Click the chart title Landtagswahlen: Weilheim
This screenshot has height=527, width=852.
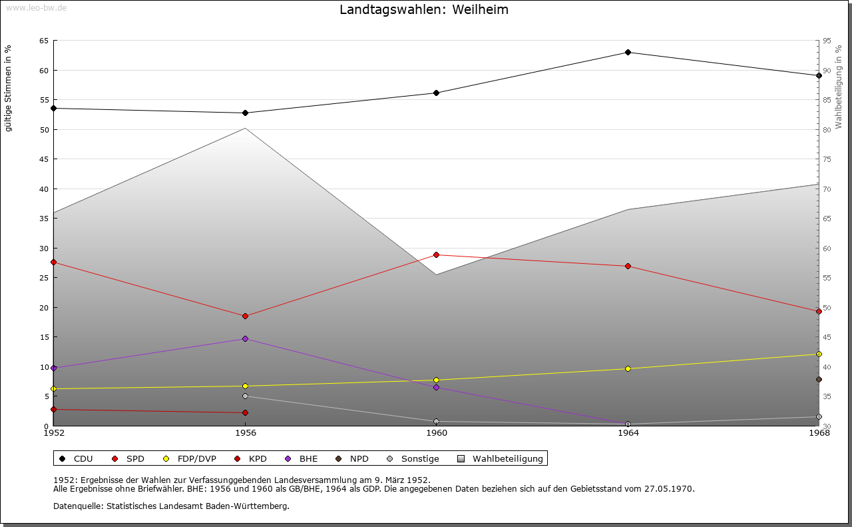424,9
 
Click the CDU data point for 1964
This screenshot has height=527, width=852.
628,52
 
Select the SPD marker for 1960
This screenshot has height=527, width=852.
436,255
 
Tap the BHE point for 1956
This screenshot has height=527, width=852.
245,338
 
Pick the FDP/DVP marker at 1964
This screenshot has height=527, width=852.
628,368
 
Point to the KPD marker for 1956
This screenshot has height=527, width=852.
245,412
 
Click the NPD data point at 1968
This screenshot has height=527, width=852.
819,379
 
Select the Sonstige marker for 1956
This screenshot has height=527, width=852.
245,396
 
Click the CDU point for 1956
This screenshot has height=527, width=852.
245,113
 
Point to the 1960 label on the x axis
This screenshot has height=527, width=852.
436,433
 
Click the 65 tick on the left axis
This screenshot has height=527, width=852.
43,41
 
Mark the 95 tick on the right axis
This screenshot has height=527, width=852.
827,41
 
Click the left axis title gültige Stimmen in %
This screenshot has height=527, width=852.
9,88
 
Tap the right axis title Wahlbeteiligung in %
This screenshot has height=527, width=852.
839,87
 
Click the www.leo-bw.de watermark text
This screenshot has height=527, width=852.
35,7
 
